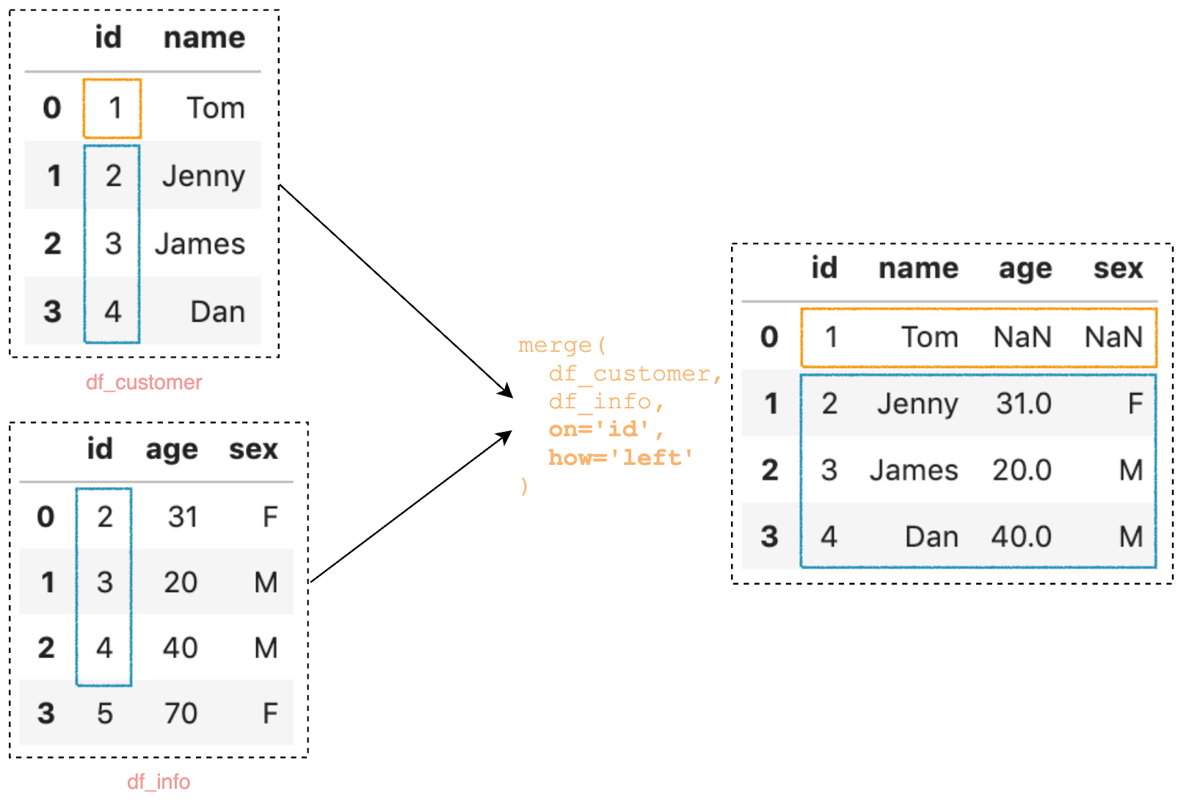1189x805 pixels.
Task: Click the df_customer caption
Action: (144, 383)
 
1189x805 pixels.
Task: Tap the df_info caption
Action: (159, 781)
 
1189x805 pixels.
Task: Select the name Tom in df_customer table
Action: (215, 109)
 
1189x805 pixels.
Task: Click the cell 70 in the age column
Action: (181, 713)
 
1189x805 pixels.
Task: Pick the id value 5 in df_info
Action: (105, 713)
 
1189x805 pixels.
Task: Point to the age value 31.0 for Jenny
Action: (1023, 404)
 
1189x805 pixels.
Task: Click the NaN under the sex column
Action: (1113, 338)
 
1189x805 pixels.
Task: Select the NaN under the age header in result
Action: (1022, 338)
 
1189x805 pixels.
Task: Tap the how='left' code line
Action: (621, 458)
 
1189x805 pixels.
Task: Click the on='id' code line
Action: (606, 430)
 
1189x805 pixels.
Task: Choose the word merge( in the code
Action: (562, 345)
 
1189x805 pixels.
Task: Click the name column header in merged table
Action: (918, 269)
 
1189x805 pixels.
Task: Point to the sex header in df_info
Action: (253, 450)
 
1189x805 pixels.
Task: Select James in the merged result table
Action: (914, 471)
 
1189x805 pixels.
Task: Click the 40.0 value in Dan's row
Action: (1022, 537)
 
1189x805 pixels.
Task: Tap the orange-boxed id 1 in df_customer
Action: (114, 109)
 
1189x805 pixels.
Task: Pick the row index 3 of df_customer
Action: (52, 311)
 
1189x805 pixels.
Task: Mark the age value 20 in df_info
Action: (181, 582)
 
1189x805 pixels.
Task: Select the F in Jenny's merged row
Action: (1135, 404)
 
